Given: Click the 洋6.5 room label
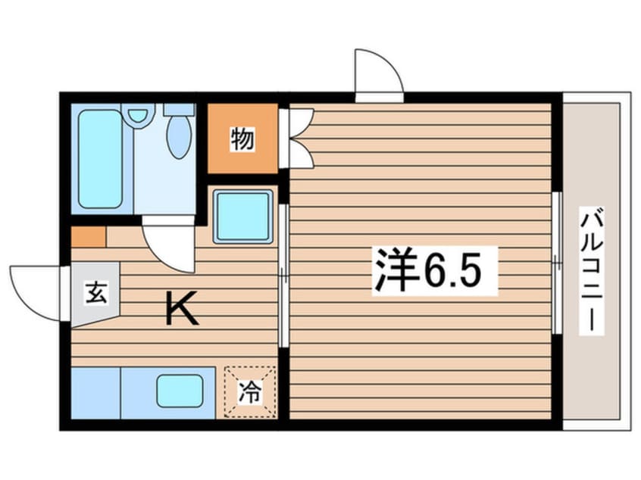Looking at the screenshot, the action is [x=435, y=270].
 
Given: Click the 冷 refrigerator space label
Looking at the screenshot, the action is [x=250, y=391].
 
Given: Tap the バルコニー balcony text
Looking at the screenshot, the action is [x=592, y=271].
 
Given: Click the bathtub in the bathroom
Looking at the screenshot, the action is [x=101, y=158].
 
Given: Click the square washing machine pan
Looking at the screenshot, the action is [x=242, y=217].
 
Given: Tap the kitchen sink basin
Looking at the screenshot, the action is [x=180, y=391].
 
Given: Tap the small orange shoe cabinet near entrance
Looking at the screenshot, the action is [x=89, y=237].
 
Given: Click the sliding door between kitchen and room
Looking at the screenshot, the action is [x=283, y=276].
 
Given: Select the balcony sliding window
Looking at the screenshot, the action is [x=556, y=263].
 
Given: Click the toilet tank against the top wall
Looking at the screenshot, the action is [x=179, y=110].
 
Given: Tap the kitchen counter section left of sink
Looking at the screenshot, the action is [x=95, y=393].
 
